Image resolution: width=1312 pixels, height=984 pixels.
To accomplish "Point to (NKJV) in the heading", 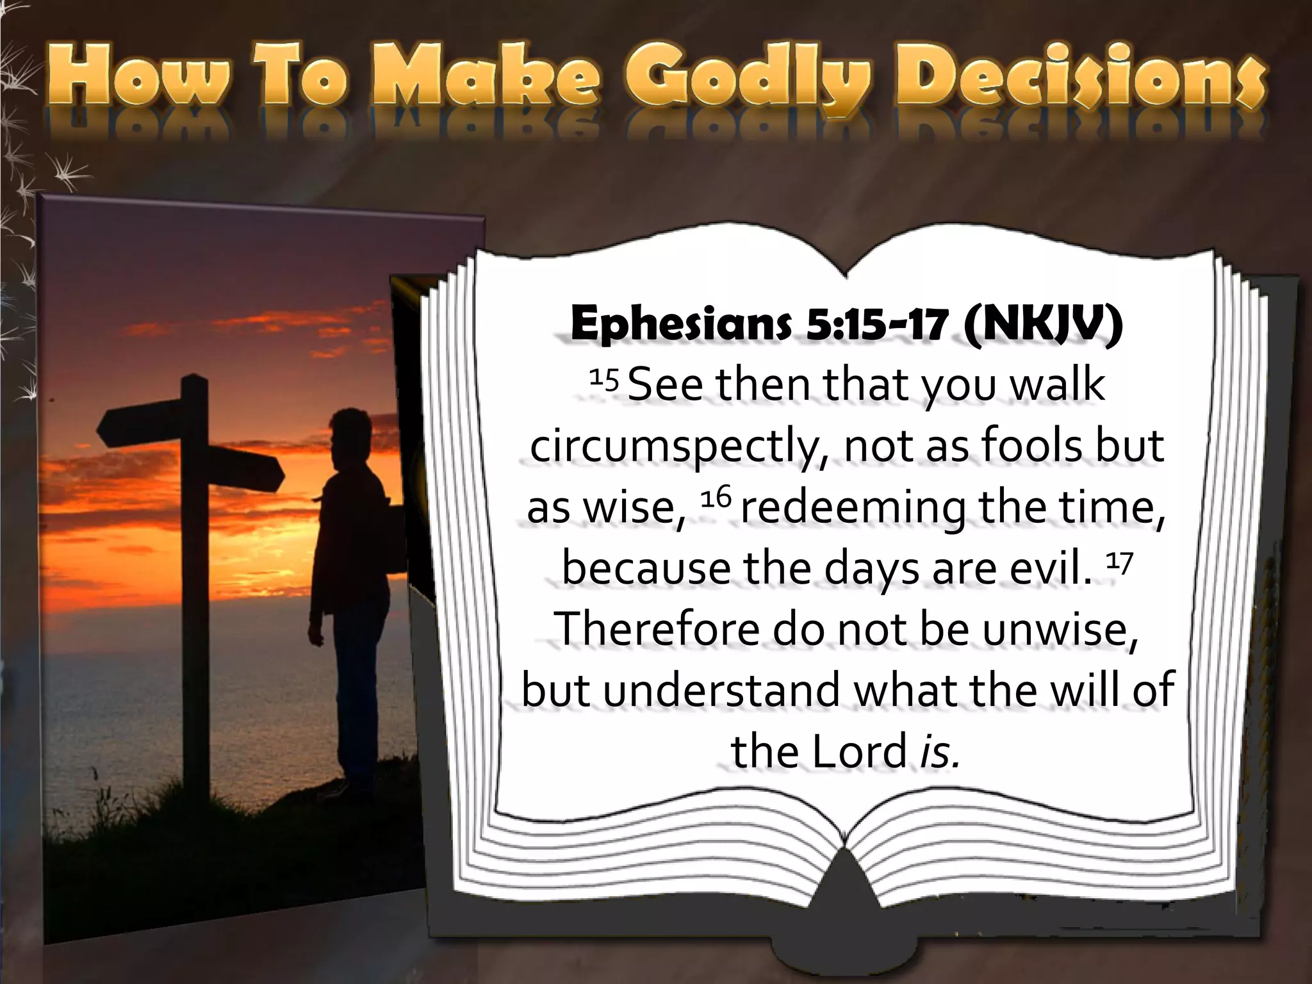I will [1042, 325].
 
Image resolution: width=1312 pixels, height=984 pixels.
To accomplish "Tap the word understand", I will [721, 690].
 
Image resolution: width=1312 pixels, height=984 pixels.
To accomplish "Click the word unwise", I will [1059, 629].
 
